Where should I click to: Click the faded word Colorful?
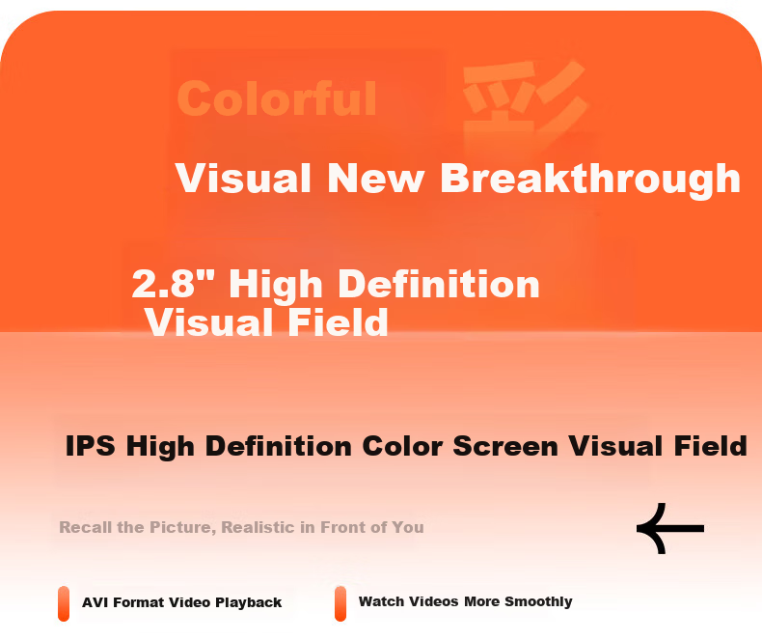click(x=277, y=98)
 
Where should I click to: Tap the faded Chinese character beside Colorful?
click(x=525, y=103)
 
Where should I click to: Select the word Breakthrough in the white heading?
click(x=590, y=179)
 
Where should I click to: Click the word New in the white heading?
click(x=375, y=179)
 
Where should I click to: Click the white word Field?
click(x=338, y=322)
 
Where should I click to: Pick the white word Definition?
click(x=439, y=284)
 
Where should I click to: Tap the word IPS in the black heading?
click(x=91, y=446)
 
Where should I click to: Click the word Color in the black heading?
click(x=402, y=446)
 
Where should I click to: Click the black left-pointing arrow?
click(x=670, y=529)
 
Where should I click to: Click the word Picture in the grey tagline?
click(x=182, y=528)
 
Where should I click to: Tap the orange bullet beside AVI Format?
click(x=64, y=603)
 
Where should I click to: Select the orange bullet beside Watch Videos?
click(x=340, y=603)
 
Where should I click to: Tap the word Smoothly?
click(x=538, y=602)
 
